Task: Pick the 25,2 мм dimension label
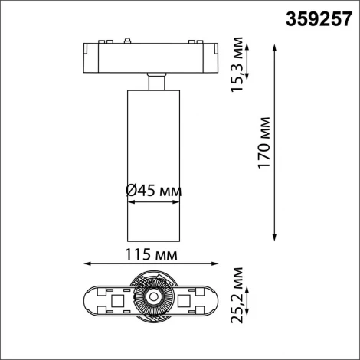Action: point(238,297)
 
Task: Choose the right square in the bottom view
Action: point(184,301)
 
